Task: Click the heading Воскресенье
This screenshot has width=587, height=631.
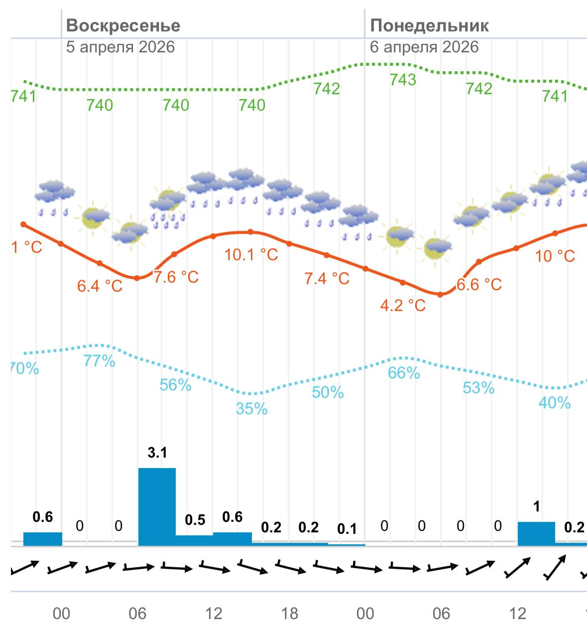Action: point(123,25)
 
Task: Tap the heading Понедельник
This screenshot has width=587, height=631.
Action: point(429,25)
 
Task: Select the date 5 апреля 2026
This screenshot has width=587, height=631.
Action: point(120,47)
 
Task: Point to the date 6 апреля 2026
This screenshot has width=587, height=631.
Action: point(424,47)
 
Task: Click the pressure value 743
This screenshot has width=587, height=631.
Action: point(403,80)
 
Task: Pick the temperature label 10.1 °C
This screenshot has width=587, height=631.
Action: point(251,255)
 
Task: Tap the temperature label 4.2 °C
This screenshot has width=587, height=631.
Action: point(403,305)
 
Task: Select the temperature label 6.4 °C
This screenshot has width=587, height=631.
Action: point(100,286)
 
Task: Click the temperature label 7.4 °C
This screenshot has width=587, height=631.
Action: point(327,278)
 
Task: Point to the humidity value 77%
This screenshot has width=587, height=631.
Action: point(100,361)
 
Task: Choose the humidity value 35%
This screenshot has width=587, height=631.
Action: point(251,409)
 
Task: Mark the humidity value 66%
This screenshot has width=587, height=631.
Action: point(404,373)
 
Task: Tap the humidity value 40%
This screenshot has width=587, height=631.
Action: point(555,403)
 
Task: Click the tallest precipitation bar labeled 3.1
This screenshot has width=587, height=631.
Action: point(157,506)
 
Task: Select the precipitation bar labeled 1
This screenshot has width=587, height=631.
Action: point(536,533)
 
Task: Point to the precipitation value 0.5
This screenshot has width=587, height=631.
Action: point(195,520)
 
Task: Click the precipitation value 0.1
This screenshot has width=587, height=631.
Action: point(347,529)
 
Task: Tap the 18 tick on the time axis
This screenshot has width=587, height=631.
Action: point(290,614)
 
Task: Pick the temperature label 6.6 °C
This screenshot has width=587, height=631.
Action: point(479,285)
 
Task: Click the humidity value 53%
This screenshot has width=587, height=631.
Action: point(478,388)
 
